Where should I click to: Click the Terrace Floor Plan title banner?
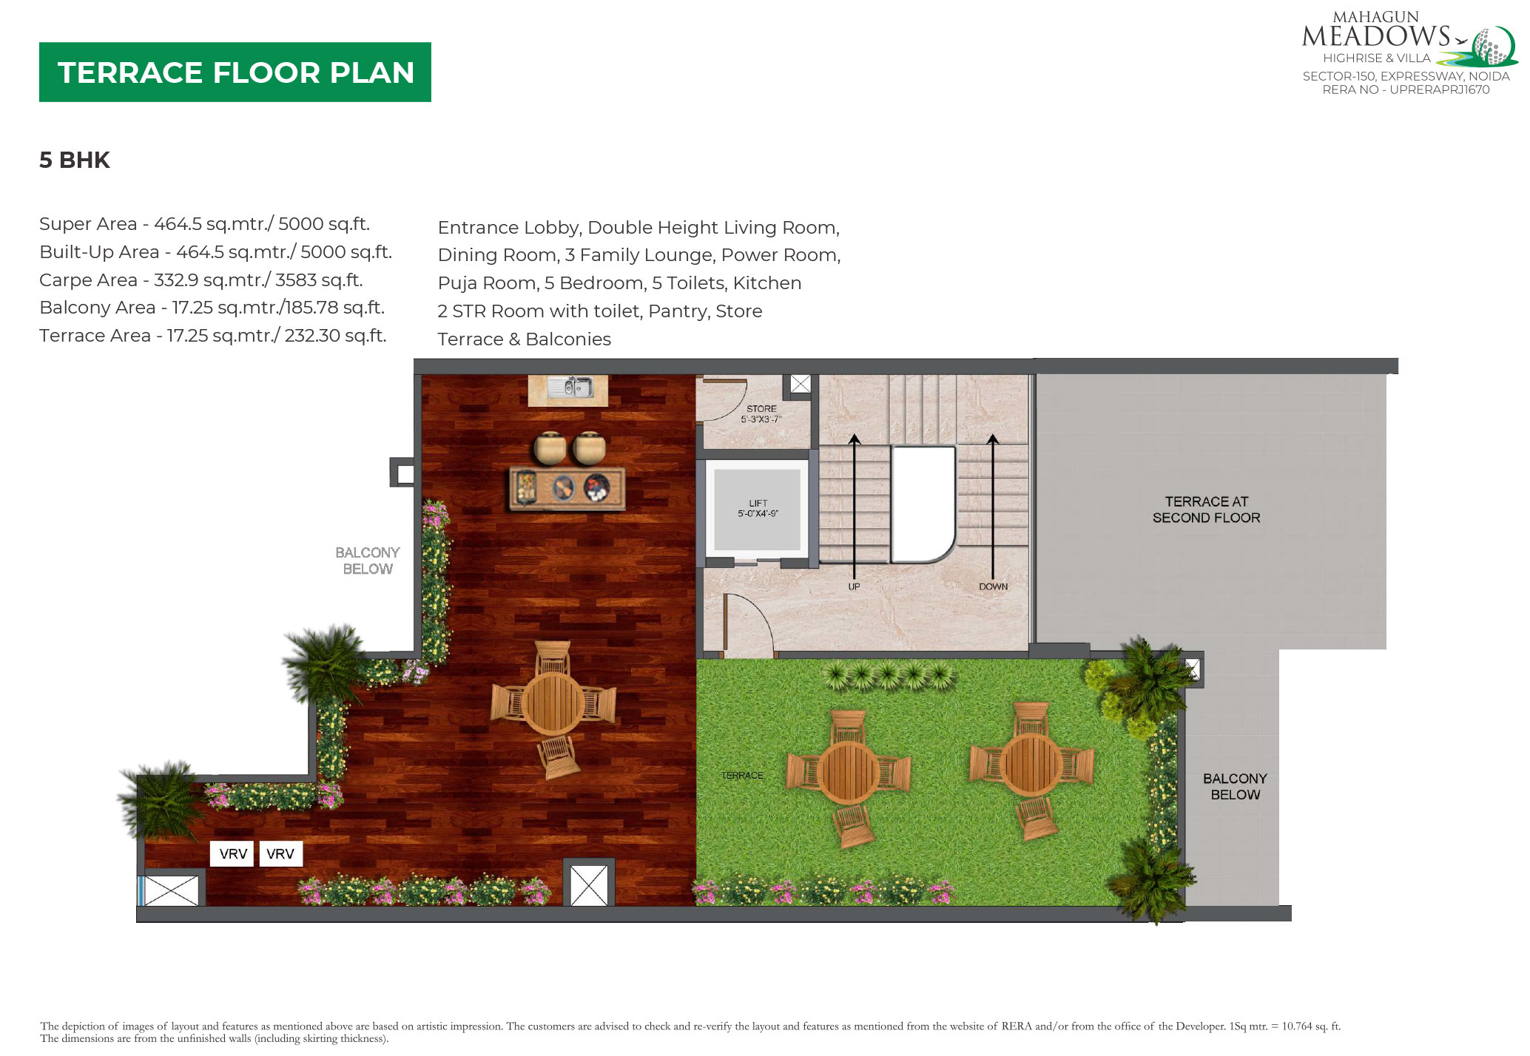click(235, 72)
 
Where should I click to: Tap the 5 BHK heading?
click(75, 160)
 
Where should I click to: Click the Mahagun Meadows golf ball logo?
click(1492, 47)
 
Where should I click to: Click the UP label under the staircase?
click(854, 586)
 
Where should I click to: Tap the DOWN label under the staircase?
click(993, 586)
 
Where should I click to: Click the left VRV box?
click(233, 853)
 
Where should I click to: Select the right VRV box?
click(280, 853)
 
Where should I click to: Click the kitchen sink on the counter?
click(569, 387)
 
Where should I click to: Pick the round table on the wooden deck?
click(553, 703)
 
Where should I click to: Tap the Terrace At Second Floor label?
click(1206, 510)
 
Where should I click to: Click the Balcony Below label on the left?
click(368, 561)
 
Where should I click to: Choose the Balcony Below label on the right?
click(1235, 786)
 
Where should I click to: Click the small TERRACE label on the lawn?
click(742, 775)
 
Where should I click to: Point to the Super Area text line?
click(204, 223)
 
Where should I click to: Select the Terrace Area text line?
click(213, 335)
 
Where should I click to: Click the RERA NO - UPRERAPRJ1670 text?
click(1406, 89)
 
